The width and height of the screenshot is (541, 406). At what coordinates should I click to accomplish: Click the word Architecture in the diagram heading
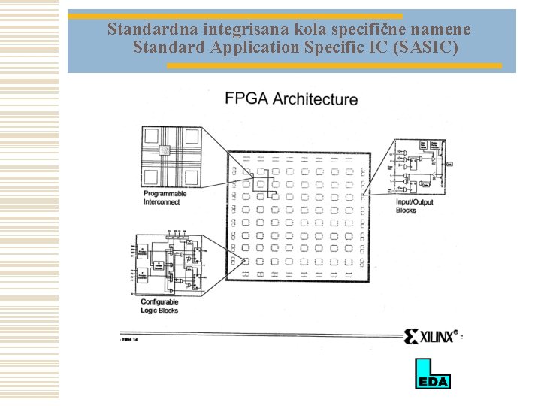(x=315, y=98)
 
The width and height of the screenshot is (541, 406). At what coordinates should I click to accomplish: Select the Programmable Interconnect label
(x=165, y=198)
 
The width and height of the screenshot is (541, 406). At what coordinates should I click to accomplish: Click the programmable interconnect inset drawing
(x=174, y=156)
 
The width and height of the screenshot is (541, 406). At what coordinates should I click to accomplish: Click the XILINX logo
(x=432, y=336)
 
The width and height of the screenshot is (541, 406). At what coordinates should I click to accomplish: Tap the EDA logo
(x=432, y=374)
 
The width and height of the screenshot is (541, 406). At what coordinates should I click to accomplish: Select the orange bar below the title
(x=334, y=65)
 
